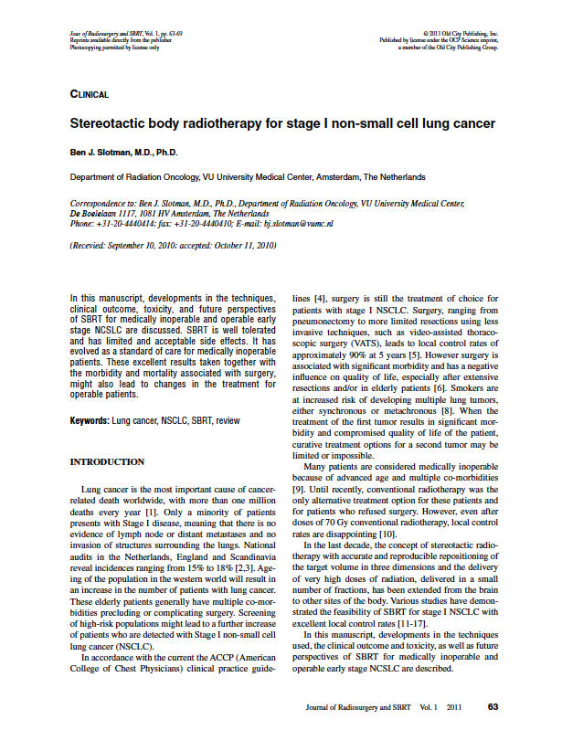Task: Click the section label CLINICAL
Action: pos(90,94)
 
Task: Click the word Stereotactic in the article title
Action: pos(111,122)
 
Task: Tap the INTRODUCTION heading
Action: pos(107,462)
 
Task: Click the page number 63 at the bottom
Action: pos(493,706)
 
